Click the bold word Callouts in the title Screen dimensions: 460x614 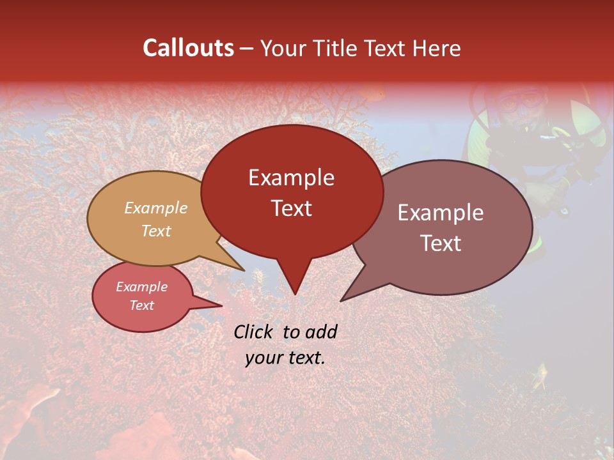click(188, 48)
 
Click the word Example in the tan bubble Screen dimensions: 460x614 click(156, 208)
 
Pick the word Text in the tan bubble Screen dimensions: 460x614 click(156, 231)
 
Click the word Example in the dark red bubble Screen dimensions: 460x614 click(291, 178)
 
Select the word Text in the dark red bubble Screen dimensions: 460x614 click(291, 208)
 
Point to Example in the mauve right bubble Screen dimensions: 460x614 click(441, 213)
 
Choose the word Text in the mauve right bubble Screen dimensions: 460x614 click(441, 243)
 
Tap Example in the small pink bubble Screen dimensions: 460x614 click(142, 287)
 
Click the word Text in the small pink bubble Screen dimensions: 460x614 click(142, 305)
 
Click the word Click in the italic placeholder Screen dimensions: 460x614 click(254, 332)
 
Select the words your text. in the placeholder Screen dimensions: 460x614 click(285, 358)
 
